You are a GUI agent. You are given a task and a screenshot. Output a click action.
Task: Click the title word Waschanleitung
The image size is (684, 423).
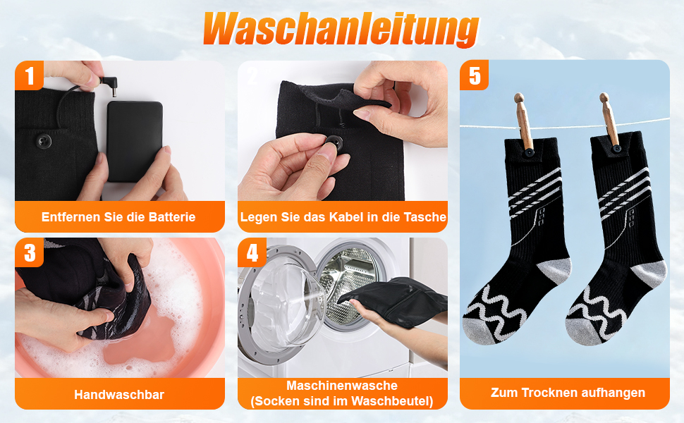tap(341, 29)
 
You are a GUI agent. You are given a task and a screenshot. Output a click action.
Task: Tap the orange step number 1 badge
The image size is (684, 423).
tap(29, 75)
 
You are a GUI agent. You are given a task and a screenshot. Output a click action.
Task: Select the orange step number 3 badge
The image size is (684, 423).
tap(29, 252)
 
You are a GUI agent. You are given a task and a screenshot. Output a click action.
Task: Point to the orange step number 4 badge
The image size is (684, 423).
tap(252, 252)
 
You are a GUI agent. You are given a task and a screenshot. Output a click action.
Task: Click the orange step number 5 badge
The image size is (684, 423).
tap(474, 75)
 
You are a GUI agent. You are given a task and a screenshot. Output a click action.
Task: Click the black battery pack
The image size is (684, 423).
tap(135, 140)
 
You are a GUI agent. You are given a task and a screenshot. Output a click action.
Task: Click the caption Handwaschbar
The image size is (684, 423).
tap(119, 395)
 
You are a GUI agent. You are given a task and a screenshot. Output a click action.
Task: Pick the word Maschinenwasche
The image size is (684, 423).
tap(342, 386)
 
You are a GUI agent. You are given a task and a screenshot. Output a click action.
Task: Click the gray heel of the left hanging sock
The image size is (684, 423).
tap(555, 270)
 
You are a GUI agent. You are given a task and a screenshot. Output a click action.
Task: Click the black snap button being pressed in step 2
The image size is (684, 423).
tap(334, 143)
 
